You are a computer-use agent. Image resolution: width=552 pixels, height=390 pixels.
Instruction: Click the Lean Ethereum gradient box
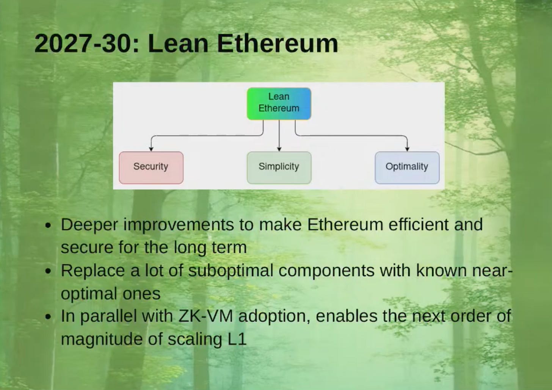279,103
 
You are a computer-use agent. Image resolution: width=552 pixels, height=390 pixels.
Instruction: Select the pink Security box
151,168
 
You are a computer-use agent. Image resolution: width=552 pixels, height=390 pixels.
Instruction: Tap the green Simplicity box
279,168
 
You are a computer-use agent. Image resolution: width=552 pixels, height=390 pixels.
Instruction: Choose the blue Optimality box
407,168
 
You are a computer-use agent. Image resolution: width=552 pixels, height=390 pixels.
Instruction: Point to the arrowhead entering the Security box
151,149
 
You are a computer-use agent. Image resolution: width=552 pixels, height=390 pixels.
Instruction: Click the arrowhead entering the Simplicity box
279,149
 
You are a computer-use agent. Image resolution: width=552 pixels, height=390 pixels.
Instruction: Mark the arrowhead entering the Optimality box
407,149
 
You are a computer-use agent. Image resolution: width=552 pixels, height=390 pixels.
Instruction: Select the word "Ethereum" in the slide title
277,44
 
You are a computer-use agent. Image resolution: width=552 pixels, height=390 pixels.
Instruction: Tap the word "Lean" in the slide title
178,44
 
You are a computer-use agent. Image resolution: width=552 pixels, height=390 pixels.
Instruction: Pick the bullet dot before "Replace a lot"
48,272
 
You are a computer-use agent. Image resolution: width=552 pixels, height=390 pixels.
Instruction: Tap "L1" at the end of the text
237,339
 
